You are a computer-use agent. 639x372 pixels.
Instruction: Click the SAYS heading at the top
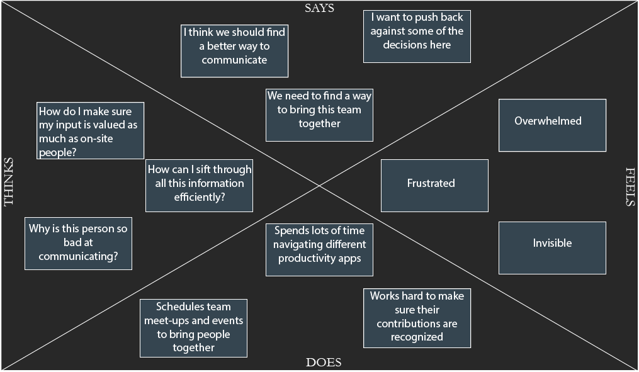click(319, 8)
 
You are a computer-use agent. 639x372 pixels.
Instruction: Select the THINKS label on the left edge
click(9, 182)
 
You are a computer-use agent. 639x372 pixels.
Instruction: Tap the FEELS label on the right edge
click(630, 186)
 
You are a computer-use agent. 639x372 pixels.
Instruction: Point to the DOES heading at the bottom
click(324, 362)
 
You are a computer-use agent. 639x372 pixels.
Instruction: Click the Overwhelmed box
click(552, 125)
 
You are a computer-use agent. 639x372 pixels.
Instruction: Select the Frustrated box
click(434, 185)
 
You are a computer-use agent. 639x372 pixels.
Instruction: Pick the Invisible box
click(552, 247)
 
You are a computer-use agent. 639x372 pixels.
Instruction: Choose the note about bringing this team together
click(319, 114)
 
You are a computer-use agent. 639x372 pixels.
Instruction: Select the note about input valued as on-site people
click(90, 130)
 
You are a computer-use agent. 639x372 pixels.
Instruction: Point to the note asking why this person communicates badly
click(78, 243)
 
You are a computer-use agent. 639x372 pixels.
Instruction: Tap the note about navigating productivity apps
click(319, 249)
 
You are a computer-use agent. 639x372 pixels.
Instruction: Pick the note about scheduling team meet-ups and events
click(193, 328)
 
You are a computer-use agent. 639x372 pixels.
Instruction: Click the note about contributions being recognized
click(417, 317)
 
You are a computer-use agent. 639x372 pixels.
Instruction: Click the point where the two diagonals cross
click(319, 186)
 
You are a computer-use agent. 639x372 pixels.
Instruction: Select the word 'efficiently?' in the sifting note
click(200, 197)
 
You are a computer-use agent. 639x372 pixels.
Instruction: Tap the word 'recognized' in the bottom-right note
click(417, 337)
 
